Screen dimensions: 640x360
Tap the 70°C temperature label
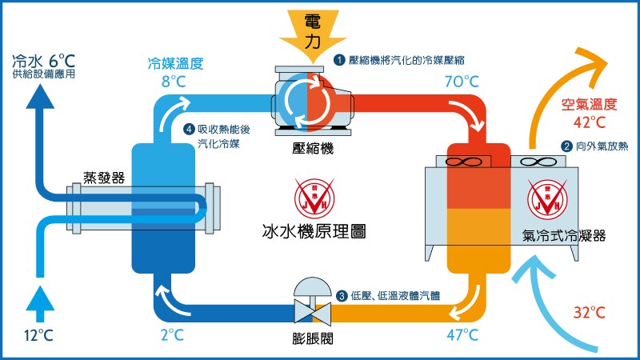click(x=462, y=82)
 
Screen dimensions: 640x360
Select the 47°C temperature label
click(x=462, y=335)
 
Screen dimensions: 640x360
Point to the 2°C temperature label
click(x=172, y=335)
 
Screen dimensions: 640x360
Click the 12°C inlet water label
click(x=38, y=335)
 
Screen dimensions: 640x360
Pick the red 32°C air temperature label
click(x=589, y=313)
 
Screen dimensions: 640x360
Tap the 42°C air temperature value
click(x=589, y=122)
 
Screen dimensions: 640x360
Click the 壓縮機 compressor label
click(x=313, y=148)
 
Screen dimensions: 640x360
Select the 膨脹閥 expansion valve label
click(x=313, y=338)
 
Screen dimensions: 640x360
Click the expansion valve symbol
click(x=313, y=302)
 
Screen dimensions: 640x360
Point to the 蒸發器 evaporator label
click(x=104, y=178)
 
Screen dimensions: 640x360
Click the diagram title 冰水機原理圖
click(x=314, y=231)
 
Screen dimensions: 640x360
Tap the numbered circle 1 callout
click(x=339, y=61)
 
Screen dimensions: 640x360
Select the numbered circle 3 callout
click(x=342, y=295)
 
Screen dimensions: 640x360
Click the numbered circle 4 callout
click(x=189, y=130)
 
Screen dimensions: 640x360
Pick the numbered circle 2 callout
click(x=566, y=146)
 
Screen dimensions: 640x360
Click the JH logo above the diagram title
click(x=314, y=198)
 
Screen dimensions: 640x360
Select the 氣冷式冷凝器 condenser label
click(x=564, y=235)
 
